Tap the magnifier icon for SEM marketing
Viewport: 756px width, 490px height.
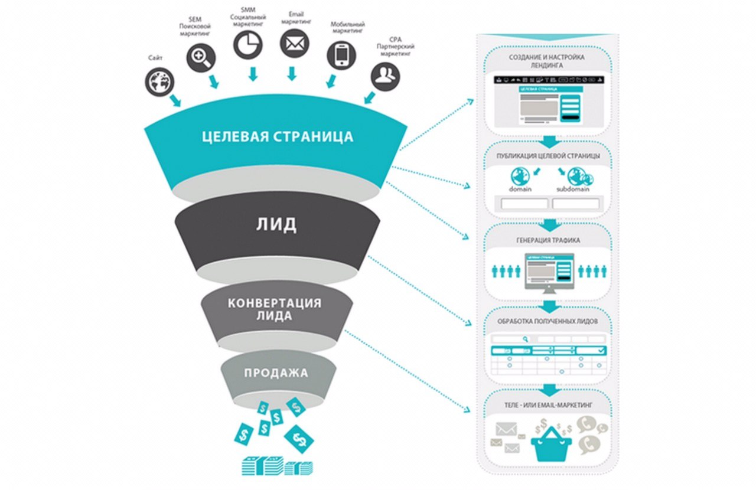pyautogui.click(x=201, y=58)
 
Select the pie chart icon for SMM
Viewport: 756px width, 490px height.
pyautogui.click(x=248, y=44)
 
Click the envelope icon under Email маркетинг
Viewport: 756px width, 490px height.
pyautogui.click(x=294, y=44)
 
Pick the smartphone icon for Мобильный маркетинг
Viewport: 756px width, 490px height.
pyautogui.click(x=341, y=55)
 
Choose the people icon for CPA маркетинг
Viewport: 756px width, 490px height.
pyautogui.click(x=385, y=77)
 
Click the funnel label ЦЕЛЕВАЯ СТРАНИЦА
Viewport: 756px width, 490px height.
pyautogui.click(x=277, y=137)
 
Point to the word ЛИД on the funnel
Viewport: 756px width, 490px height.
pyautogui.click(x=277, y=224)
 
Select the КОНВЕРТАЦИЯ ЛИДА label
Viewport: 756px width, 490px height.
pyautogui.click(x=275, y=309)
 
